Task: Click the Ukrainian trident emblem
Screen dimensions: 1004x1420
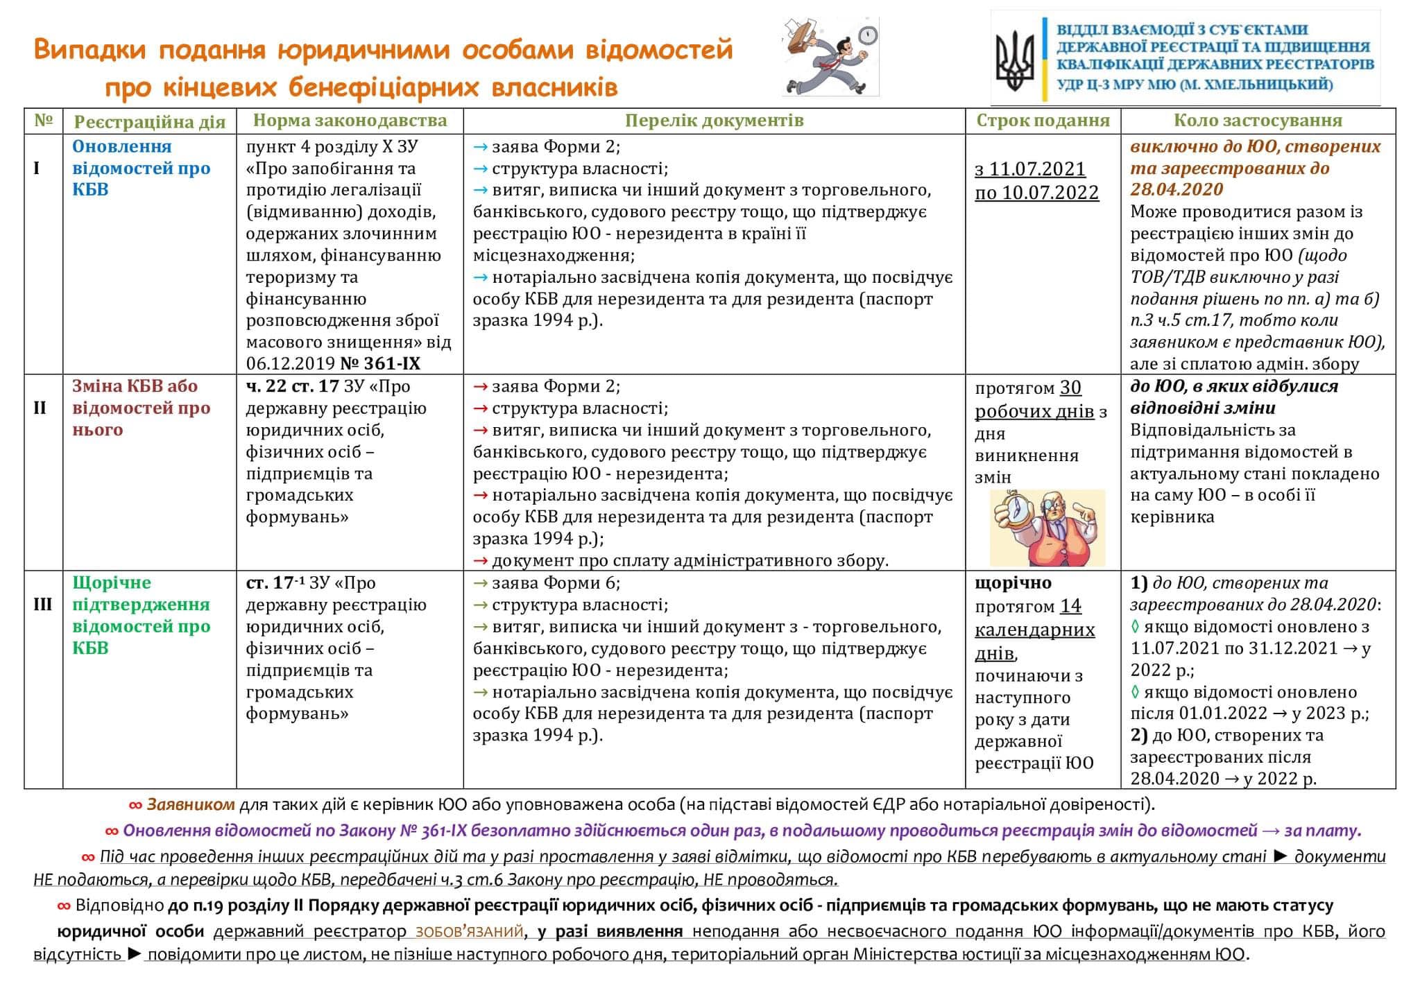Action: click(1015, 61)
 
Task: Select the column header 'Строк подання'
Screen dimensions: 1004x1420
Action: click(1043, 121)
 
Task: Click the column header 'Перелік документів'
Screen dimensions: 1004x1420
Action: click(714, 121)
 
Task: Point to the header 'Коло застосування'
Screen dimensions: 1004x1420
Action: click(1257, 121)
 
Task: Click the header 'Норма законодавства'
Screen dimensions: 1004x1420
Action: click(350, 121)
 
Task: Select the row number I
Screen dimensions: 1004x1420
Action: click(36, 168)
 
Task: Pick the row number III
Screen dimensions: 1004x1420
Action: click(42, 605)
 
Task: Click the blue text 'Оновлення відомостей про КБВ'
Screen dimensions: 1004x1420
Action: click(141, 168)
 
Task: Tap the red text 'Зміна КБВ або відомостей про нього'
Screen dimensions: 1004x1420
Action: click(141, 408)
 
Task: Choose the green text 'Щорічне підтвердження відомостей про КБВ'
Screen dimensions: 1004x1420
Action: click(141, 615)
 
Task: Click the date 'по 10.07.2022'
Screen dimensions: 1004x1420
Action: click(1036, 193)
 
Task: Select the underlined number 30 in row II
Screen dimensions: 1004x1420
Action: click(1070, 388)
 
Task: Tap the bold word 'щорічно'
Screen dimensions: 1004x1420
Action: click(1013, 583)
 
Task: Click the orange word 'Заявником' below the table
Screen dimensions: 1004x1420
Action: click(190, 805)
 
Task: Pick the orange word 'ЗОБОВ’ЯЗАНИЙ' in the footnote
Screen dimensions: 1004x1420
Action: click(469, 932)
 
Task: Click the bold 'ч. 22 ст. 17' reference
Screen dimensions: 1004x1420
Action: click(292, 386)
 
